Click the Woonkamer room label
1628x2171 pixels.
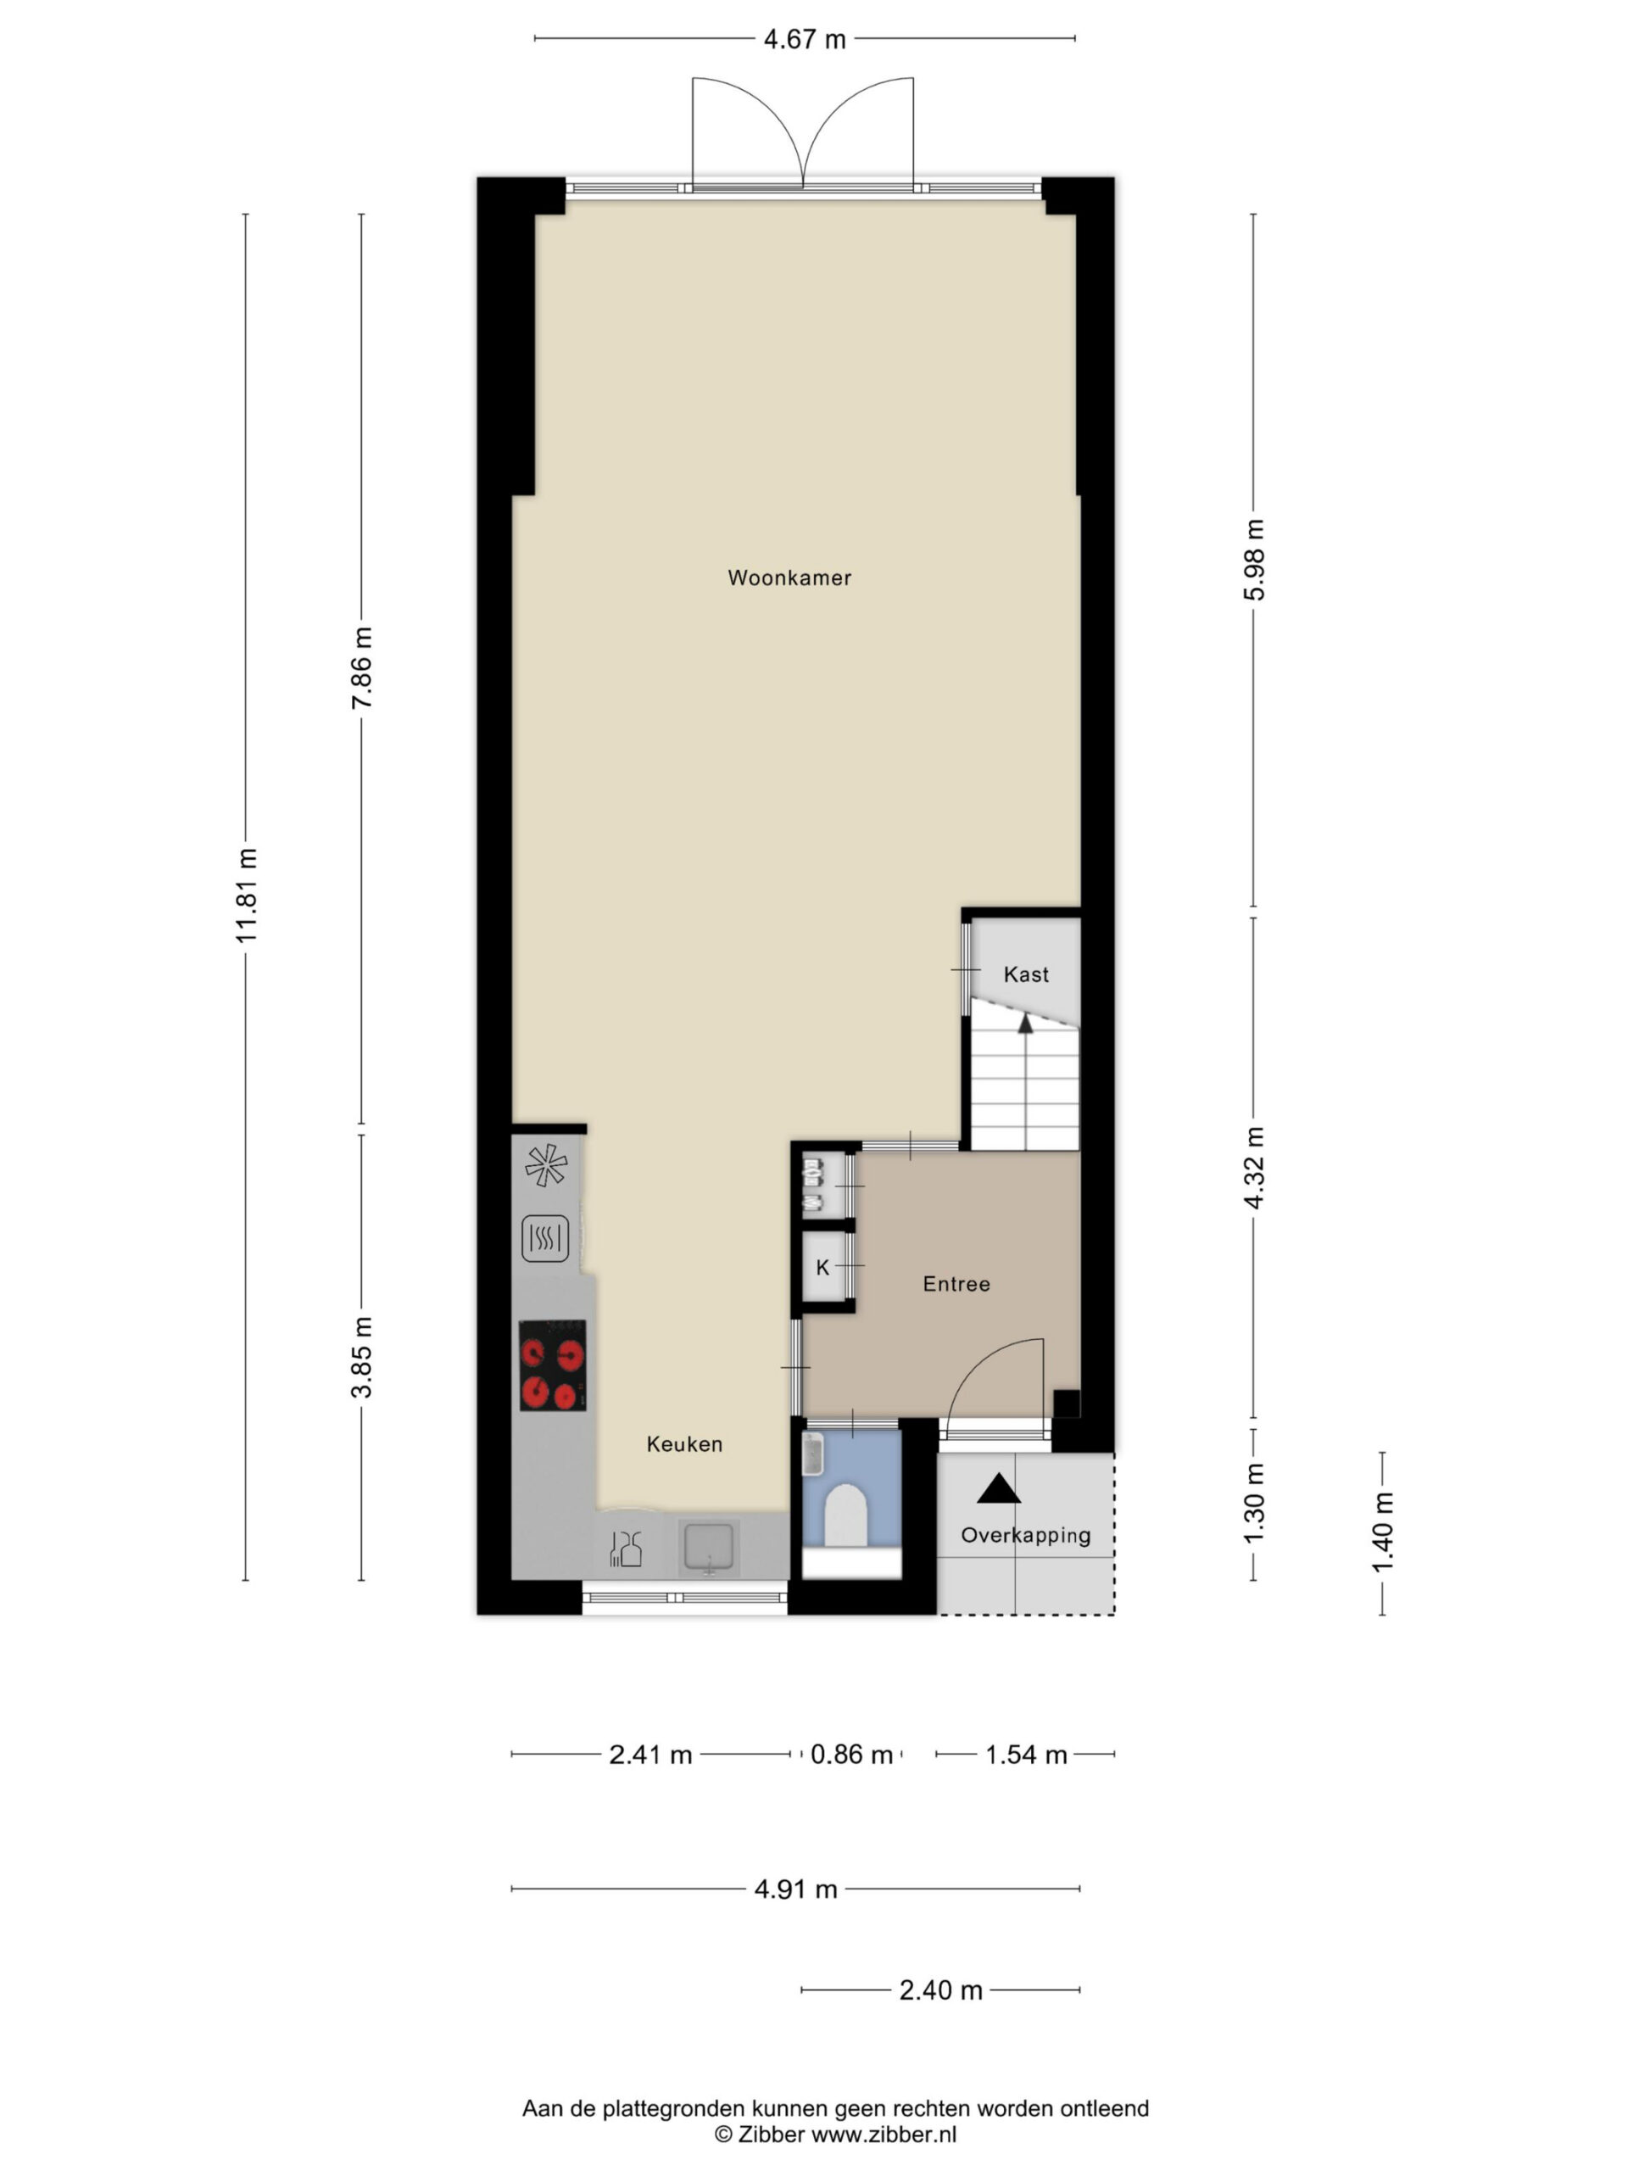pyautogui.click(x=789, y=578)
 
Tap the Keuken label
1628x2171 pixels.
pyautogui.click(x=684, y=1443)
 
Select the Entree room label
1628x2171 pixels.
pyautogui.click(x=956, y=1284)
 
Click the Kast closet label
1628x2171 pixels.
pyautogui.click(x=1025, y=974)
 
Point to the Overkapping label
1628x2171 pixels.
pyautogui.click(x=1025, y=1536)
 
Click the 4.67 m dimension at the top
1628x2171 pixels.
pyautogui.click(x=805, y=39)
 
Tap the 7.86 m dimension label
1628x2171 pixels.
pyautogui.click(x=361, y=667)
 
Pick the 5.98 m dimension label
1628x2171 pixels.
pyautogui.click(x=1253, y=560)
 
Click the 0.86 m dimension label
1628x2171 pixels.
pyautogui.click(x=850, y=1754)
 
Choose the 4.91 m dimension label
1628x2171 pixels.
pyautogui.click(x=796, y=1889)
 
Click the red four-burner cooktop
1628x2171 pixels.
pyautogui.click(x=553, y=1365)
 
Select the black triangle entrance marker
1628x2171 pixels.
pyautogui.click(x=998, y=1490)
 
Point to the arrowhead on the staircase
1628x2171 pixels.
pyautogui.click(x=1025, y=1024)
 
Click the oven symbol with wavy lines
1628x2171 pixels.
pyautogui.click(x=545, y=1239)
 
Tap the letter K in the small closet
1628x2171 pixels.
pyautogui.click(x=822, y=1267)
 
